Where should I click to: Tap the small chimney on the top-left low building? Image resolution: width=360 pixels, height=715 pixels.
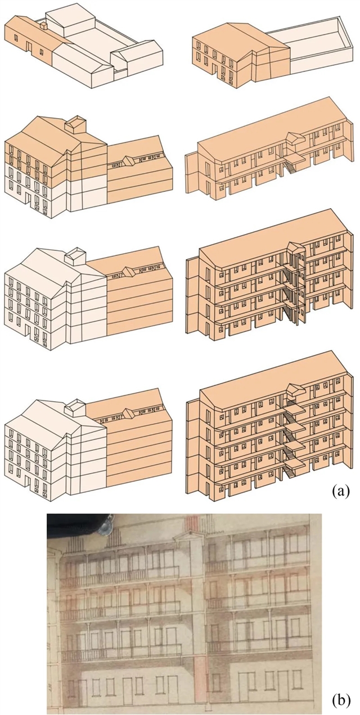point(43,25)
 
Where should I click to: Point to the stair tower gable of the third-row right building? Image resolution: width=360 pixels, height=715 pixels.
point(295,248)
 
